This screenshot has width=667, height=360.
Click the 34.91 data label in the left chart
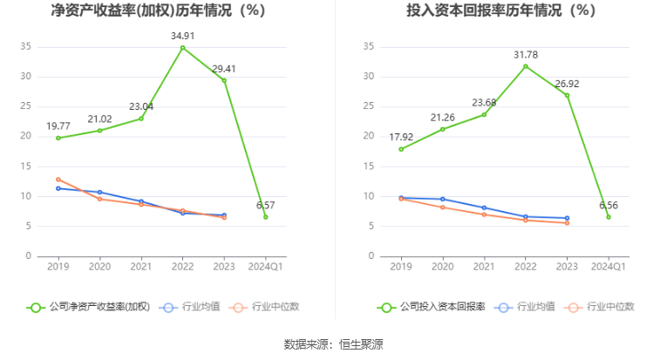[x=182, y=36]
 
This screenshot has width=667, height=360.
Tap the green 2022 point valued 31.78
[x=526, y=66]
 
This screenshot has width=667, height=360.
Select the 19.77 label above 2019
[x=58, y=126]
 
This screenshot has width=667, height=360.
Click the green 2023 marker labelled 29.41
[x=224, y=80]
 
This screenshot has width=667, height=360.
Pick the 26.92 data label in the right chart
[x=567, y=85]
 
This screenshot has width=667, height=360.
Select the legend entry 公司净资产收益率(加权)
[x=89, y=307]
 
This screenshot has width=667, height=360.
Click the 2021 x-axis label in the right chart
[x=484, y=266]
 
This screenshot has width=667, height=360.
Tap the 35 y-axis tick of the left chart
[x=26, y=46]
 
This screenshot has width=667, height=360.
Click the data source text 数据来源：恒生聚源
[x=333, y=344]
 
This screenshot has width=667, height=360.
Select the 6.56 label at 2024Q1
[x=609, y=205]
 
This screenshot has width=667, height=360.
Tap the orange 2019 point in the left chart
[x=58, y=180]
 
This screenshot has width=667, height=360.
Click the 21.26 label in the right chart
[x=443, y=117]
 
